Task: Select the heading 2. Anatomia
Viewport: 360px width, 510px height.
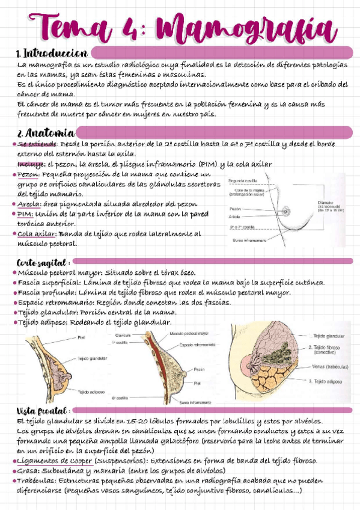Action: click(46, 132)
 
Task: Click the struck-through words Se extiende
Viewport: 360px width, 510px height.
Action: click(37, 144)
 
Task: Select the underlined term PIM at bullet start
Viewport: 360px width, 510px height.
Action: click(25, 214)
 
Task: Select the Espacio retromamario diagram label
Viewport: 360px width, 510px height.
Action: click(197, 344)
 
